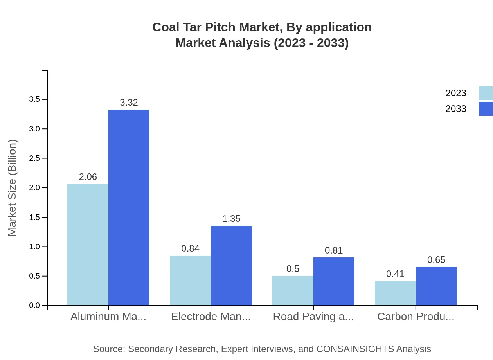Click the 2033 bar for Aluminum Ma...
coord(129,207)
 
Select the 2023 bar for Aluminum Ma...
coord(88,245)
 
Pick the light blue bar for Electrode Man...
coord(190,280)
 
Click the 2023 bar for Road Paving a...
coord(293,290)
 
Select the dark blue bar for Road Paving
coord(334,281)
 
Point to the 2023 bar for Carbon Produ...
coord(395,293)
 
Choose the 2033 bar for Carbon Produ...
coord(436,286)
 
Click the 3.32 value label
coord(129,103)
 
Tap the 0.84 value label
coord(190,248)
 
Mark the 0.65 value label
coord(436,260)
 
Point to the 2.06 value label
coord(88,177)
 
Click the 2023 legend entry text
coord(456,93)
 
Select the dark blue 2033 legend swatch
coord(486,109)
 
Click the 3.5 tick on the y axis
coord(34,99)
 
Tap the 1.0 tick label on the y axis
coord(34,247)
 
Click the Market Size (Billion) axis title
coord(13,188)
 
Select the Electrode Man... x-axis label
coord(211,317)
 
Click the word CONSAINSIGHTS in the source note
coord(354,349)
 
